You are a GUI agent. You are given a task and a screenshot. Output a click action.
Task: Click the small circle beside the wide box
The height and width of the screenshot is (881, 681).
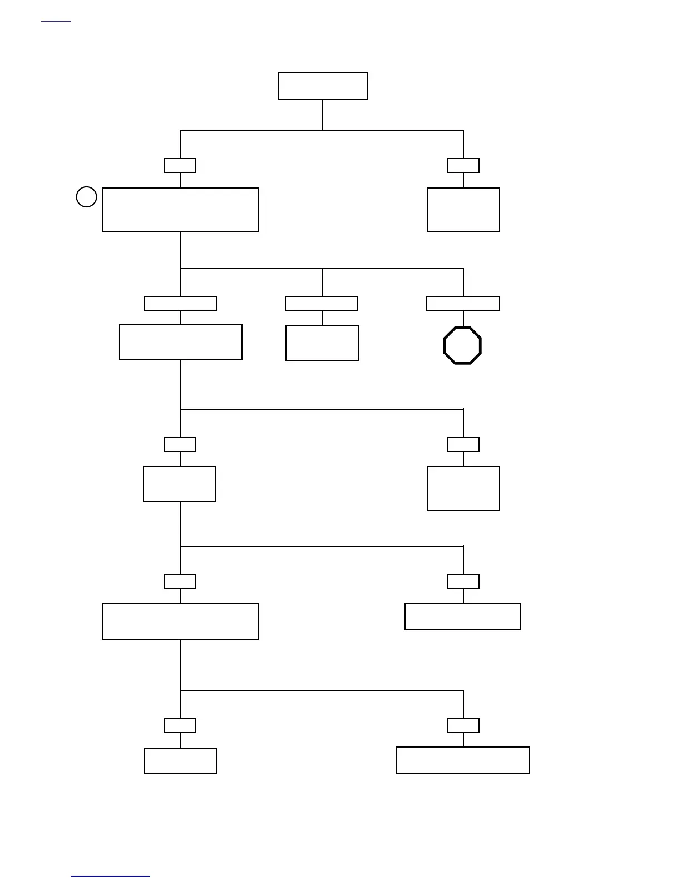point(86,197)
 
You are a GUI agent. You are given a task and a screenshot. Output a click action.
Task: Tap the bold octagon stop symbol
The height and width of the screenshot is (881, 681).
point(462,345)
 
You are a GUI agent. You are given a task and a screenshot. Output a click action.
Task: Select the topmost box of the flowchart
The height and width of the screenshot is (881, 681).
point(323,86)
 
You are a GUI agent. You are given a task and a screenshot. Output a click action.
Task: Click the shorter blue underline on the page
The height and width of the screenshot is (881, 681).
point(56,21)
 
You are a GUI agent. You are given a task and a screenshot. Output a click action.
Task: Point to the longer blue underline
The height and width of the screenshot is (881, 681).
point(110,876)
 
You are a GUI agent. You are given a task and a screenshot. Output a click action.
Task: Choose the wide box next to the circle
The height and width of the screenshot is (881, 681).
point(180,210)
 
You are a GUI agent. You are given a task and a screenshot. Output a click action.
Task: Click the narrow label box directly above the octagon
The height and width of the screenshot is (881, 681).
point(462,303)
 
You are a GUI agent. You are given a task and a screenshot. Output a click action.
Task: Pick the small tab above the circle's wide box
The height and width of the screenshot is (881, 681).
point(180,165)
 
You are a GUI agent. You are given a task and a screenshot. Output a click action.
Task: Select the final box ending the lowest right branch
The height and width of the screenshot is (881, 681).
point(462,760)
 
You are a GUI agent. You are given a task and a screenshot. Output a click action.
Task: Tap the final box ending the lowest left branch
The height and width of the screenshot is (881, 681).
point(180,760)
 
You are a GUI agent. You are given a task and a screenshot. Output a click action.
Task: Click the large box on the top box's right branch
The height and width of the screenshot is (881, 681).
point(463,209)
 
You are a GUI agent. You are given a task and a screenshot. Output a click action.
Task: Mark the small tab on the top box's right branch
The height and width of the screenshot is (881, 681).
point(463,165)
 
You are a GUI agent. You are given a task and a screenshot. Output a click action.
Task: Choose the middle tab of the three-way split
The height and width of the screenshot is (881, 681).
point(322,303)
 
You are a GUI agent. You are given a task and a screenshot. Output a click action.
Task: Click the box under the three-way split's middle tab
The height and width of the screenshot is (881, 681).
point(322,343)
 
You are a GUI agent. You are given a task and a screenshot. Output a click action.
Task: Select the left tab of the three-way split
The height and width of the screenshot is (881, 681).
point(180,303)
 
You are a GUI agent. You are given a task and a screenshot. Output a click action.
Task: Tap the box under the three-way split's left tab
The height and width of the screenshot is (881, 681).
point(180,342)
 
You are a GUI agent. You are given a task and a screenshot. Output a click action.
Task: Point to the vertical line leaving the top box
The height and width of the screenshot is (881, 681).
point(322,115)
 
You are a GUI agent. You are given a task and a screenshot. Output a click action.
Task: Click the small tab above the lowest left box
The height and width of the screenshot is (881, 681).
point(180,725)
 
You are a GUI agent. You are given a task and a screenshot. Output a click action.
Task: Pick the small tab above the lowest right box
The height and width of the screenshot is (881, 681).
point(463,725)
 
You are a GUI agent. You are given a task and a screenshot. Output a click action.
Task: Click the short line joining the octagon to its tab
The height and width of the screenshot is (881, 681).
point(463,319)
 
